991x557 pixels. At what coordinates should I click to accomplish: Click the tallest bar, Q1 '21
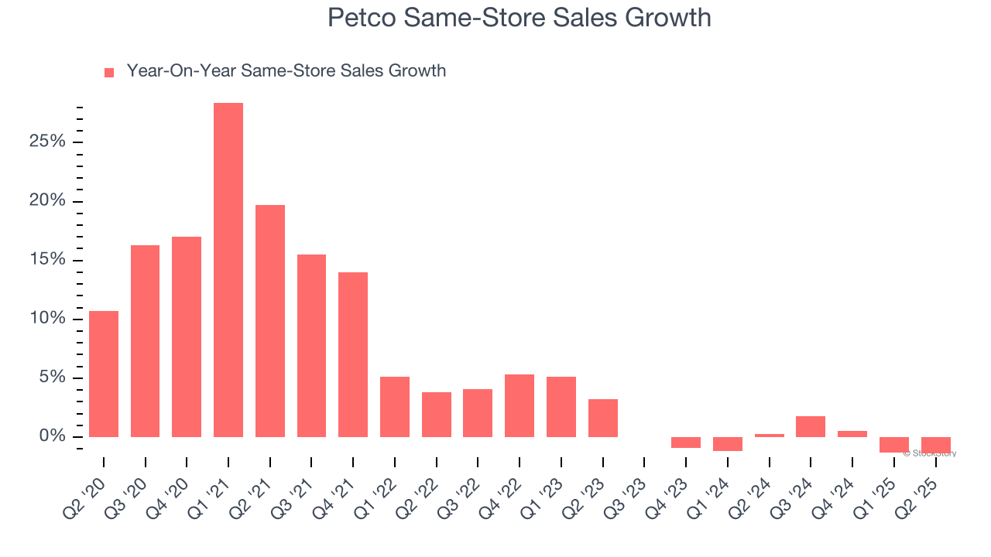pyautogui.click(x=228, y=270)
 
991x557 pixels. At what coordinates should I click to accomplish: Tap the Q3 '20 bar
pyautogui.click(x=145, y=341)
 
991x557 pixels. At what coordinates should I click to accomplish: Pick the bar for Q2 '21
pyautogui.click(x=270, y=321)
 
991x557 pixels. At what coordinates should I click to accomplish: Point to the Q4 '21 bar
pyautogui.click(x=353, y=354)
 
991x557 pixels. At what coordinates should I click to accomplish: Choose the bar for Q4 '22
pyautogui.click(x=520, y=405)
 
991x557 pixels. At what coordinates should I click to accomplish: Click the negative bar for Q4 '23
pyautogui.click(x=686, y=443)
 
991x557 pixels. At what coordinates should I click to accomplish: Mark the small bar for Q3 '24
pyautogui.click(x=811, y=426)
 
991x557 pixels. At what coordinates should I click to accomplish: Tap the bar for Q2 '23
pyautogui.click(x=603, y=418)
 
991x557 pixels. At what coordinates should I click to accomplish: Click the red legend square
pyautogui.click(x=109, y=72)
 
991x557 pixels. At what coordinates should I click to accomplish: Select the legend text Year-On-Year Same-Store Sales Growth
pyautogui.click(x=286, y=71)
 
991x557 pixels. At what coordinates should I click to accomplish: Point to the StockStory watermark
pyautogui.click(x=930, y=453)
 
